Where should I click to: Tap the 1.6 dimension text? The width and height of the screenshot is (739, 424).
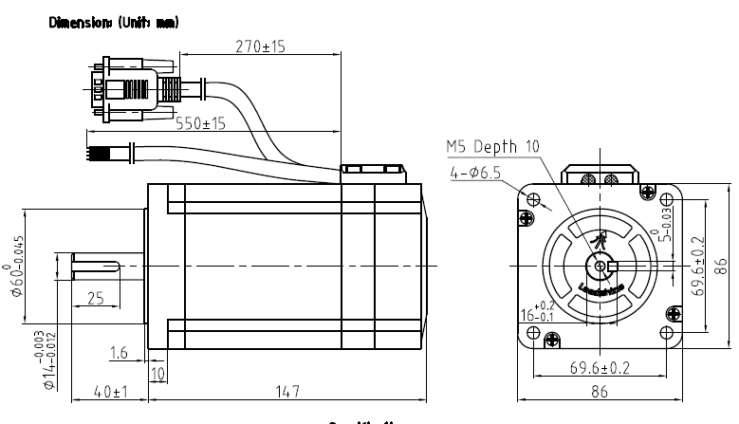[120, 353]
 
